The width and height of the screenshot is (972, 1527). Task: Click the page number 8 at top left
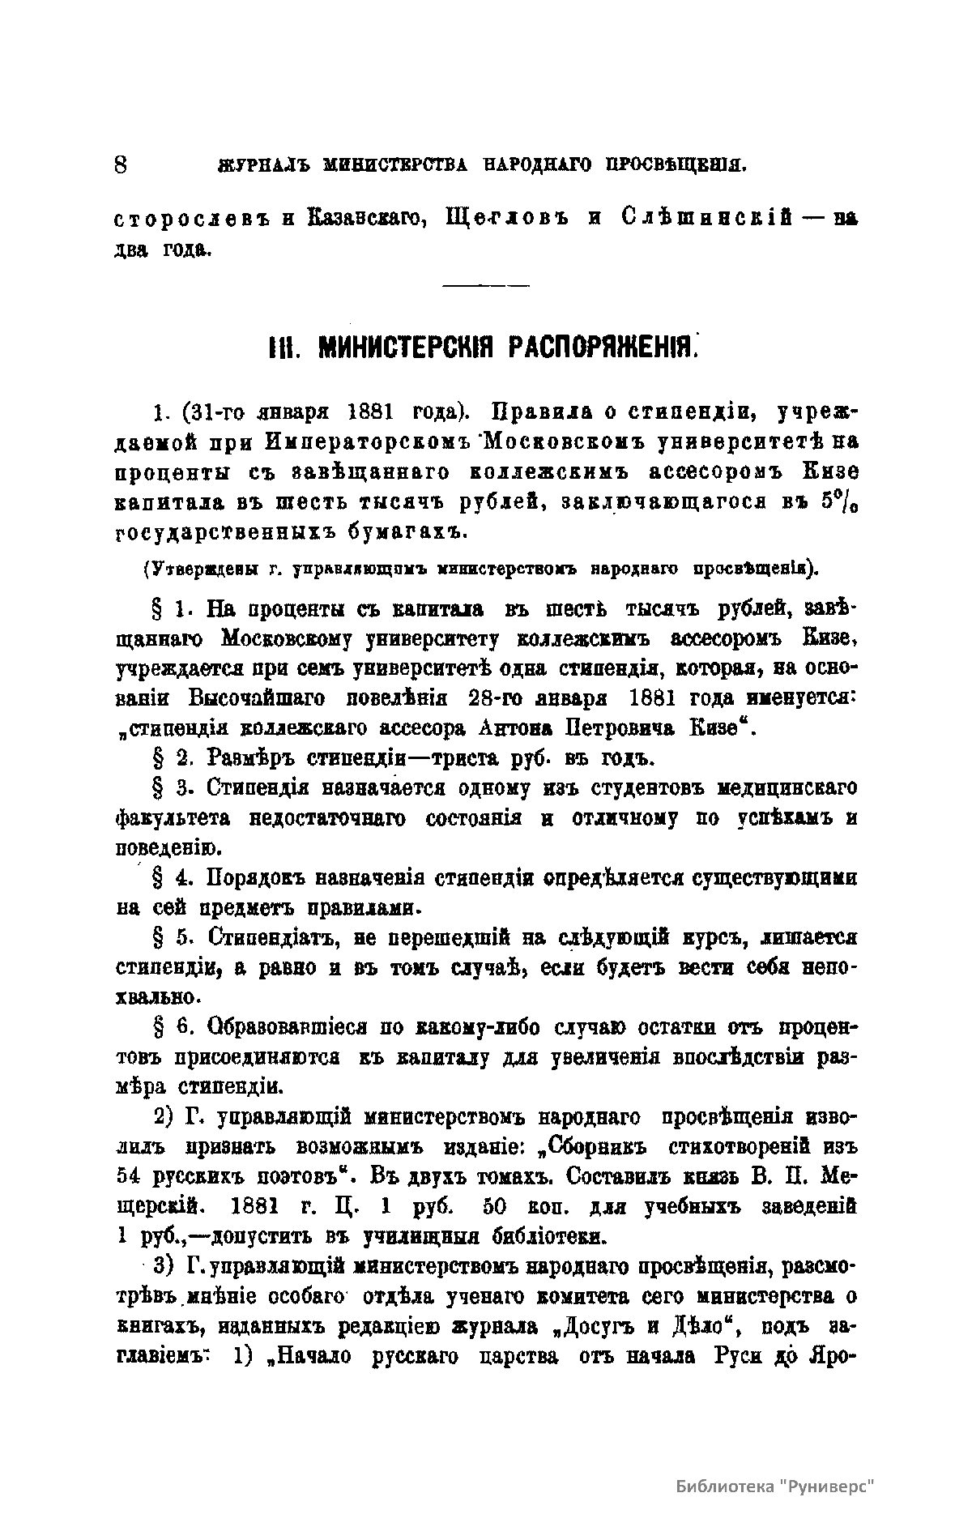click(x=121, y=164)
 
